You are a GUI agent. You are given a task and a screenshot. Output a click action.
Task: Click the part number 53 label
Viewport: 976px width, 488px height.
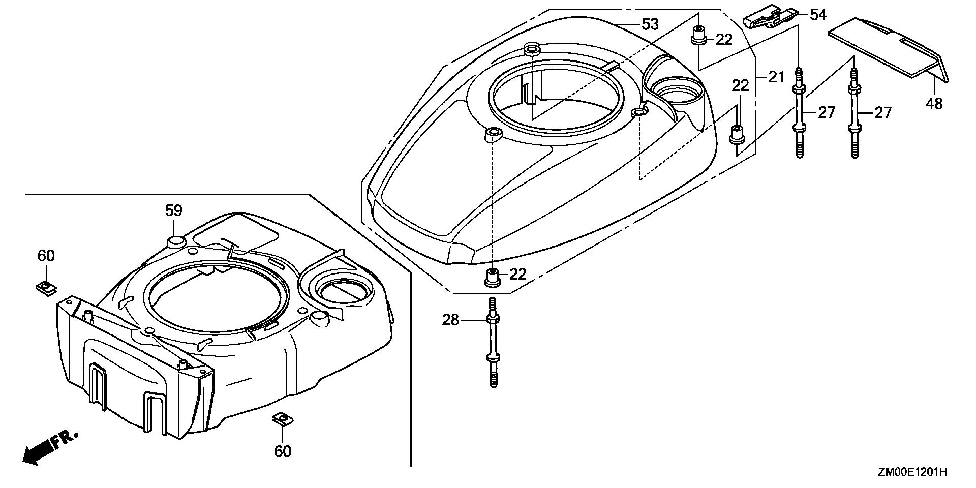(x=650, y=24)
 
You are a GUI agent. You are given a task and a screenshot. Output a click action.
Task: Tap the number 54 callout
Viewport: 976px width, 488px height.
(x=818, y=15)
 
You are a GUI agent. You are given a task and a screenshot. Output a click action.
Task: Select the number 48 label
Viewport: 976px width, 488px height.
(x=934, y=104)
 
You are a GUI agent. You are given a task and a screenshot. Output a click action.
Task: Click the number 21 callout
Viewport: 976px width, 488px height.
(x=776, y=77)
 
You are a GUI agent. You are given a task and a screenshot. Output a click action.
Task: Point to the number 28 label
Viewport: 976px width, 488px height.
(x=450, y=320)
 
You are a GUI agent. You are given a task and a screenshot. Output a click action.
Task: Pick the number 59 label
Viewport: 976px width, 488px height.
(x=174, y=210)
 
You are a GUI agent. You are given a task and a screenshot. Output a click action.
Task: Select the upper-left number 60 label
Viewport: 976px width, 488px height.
(x=46, y=256)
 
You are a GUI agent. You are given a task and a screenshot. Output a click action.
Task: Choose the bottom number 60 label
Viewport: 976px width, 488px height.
(x=283, y=451)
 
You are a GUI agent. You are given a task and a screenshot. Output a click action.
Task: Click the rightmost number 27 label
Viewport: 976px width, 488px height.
(x=883, y=112)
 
